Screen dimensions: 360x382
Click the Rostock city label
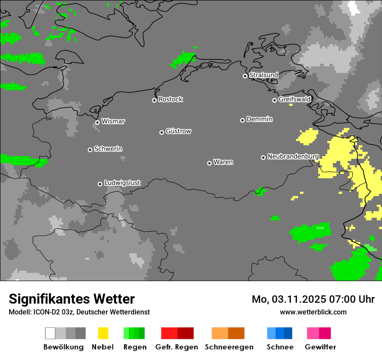pos(171,99)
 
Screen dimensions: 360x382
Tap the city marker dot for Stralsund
pos(245,76)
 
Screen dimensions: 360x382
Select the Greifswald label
pos(294,99)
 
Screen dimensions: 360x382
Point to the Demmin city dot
pos(242,120)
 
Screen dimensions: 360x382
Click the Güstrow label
pos(178,131)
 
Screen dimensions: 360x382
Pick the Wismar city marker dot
pos(97,122)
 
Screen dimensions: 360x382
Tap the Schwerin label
pos(108,149)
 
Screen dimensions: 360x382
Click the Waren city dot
pos(209,163)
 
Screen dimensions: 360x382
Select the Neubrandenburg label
pos(293,157)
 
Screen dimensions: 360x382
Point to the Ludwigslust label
pos(122,183)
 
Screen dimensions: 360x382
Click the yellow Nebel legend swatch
pos(103,333)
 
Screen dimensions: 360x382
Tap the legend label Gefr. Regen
pos(176,347)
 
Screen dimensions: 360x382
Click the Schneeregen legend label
pos(229,347)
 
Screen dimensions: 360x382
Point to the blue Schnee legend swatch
pos(280,333)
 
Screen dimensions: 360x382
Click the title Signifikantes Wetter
pos(72,299)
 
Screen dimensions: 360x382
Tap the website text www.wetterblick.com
pos(313,312)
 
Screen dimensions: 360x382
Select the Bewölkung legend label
pos(63,347)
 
